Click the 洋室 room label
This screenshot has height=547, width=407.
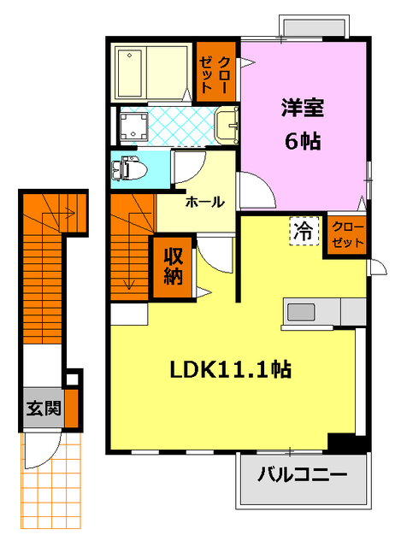pyautogui.click(x=303, y=109)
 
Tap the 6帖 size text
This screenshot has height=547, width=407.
pyautogui.click(x=303, y=141)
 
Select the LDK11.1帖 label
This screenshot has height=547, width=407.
pyautogui.click(x=231, y=369)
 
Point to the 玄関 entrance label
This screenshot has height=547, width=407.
pyautogui.click(x=43, y=408)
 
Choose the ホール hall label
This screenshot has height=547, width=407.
pyautogui.click(x=204, y=203)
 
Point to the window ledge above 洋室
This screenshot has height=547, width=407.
pyautogui.click(x=313, y=28)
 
